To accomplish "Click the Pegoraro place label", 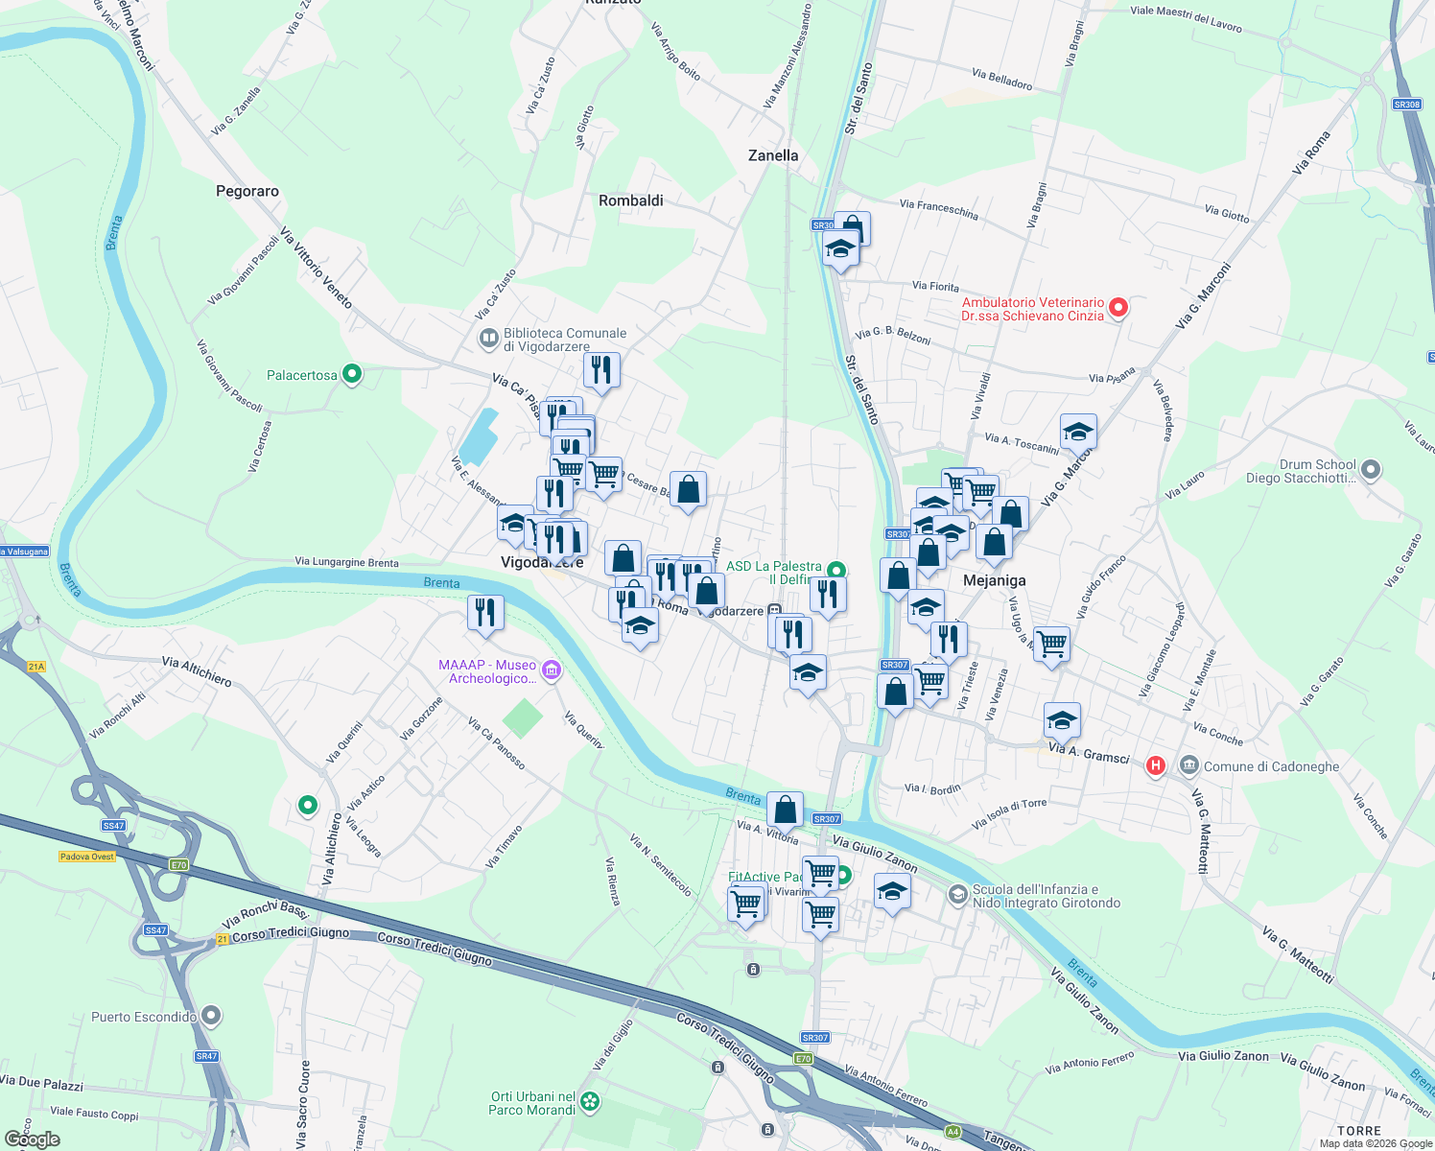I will pyautogui.click(x=247, y=191).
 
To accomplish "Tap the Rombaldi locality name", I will pyautogui.click(x=630, y=200).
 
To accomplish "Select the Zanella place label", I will pyautogui.click(x=773, y=155).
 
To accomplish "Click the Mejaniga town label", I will pyautogui.click(x=994, y=580).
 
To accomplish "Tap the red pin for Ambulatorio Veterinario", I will pyautogui.click(x=1118, y=308).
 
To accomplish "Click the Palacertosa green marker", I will pyautogui.click(x=352, y=374).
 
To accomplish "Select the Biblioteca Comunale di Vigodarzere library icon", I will pyautogui.click(x=489, y=338).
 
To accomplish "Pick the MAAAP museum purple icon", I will pyautogui.click(x=551, y=670).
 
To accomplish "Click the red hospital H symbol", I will pyautogui.click(x=1156, y=765).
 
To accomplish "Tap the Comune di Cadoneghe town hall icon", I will pyautogui.click(x=1189, y=765).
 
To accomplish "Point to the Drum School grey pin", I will pyautogui.click(x=1371, y=469).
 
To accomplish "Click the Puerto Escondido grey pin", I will pyautogui.click(x=211, y=1015).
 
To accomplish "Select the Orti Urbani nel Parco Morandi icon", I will pyautogui.click(x=590, y=1102).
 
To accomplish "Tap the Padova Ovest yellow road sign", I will pyautogui.click(x=87, y=857).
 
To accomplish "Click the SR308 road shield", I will pyautogui.click(x=1406, y=105).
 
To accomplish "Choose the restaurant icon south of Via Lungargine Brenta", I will pyautogui.click(x=485, y=612).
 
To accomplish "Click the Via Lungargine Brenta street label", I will pyautogui.click(x=346, y=562).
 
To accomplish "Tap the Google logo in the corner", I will pyautogui.click(x=33, y=1139).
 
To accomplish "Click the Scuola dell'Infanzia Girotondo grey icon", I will pyautogui.click(x=957, y=895).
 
